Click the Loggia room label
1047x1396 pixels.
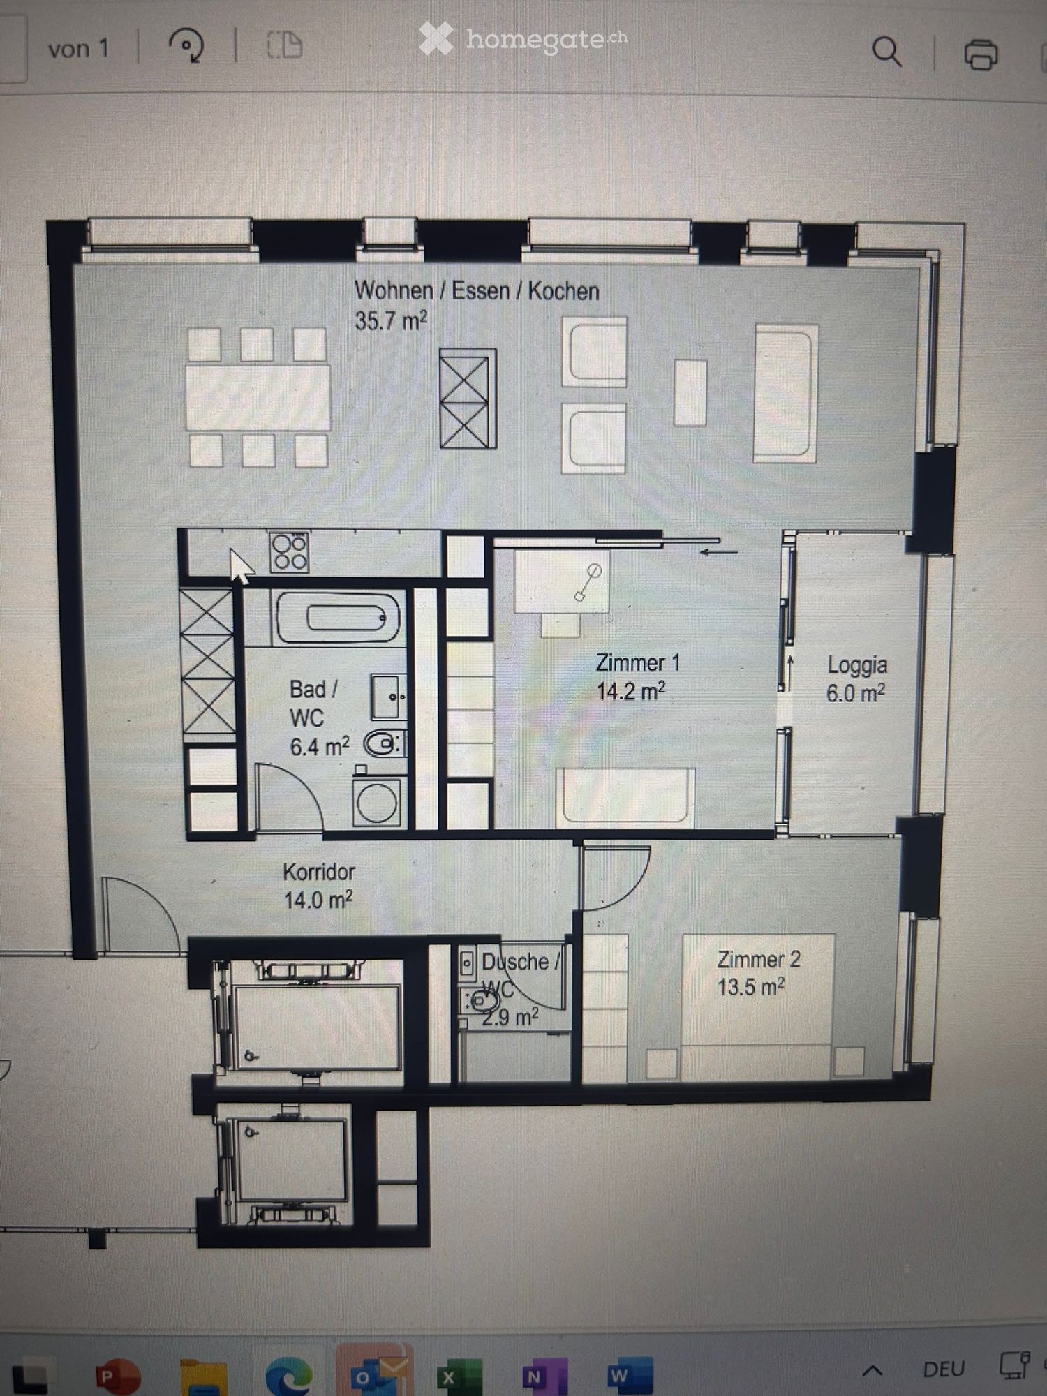(x=856, y=664)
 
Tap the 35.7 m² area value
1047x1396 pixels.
(x=390, y=320)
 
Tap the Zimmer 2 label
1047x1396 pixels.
(x=758, y=959)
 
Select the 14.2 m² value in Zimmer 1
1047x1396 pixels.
(x=630, y=691)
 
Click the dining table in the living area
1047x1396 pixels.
(x=258, y=397)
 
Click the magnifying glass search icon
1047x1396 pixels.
(x=886, y=52)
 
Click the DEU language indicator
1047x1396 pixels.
(x=943, y=1368)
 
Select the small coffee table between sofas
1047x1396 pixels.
(x=690, y=392)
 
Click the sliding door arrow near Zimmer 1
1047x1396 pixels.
(x=719, y=551)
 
